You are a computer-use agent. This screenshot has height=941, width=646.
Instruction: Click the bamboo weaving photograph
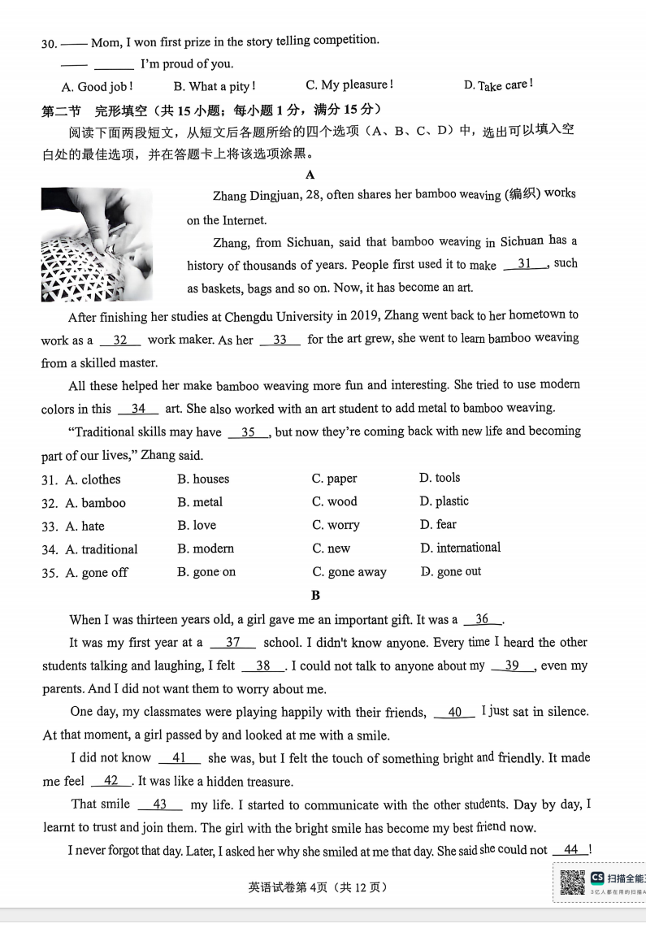point(96,244)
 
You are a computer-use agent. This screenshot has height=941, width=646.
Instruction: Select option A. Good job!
point(97,86)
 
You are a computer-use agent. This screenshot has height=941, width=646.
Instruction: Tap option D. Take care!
point(498,85)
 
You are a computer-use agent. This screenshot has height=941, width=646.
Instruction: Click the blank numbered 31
point(525,263)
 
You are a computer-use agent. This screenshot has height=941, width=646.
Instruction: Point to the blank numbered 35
point(249,432)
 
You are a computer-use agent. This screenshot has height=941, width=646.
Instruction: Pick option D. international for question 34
point(460,548)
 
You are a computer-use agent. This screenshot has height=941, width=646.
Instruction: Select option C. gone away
point(349,572)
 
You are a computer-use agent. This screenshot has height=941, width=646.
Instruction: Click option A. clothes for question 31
point(93,479)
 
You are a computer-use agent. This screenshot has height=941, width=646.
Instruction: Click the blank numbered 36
point(483,619)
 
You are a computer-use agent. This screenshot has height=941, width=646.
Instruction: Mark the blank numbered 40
point(455,712)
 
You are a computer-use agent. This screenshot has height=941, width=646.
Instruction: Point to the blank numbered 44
point(570,850)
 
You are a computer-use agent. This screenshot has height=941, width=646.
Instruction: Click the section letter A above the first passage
point(310,175)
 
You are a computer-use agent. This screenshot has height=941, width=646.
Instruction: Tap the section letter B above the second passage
point(315,596)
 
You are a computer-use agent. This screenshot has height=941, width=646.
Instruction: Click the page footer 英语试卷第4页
point(318,887)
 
